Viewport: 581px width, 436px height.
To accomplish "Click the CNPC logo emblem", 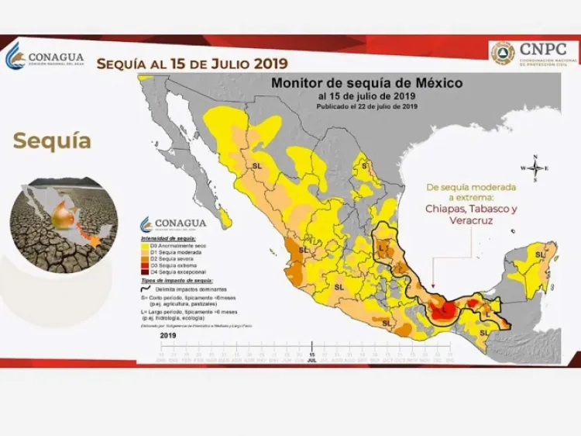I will coord(503,53).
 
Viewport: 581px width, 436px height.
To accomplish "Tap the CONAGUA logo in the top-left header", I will coord(45,57).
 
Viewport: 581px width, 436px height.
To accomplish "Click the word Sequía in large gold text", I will coord(52,140).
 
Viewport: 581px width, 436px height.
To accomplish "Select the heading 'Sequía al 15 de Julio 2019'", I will coord(191,63).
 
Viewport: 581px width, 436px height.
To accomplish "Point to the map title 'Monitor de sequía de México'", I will coord(366,81).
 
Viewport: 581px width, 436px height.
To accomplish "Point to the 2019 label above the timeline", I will coord(167,336).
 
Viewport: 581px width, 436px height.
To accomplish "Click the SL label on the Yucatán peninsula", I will coord(539,254).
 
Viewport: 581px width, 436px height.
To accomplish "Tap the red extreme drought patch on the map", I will coord(442,310).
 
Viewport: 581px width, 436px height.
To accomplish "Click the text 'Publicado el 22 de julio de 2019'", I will coord(366,106).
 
